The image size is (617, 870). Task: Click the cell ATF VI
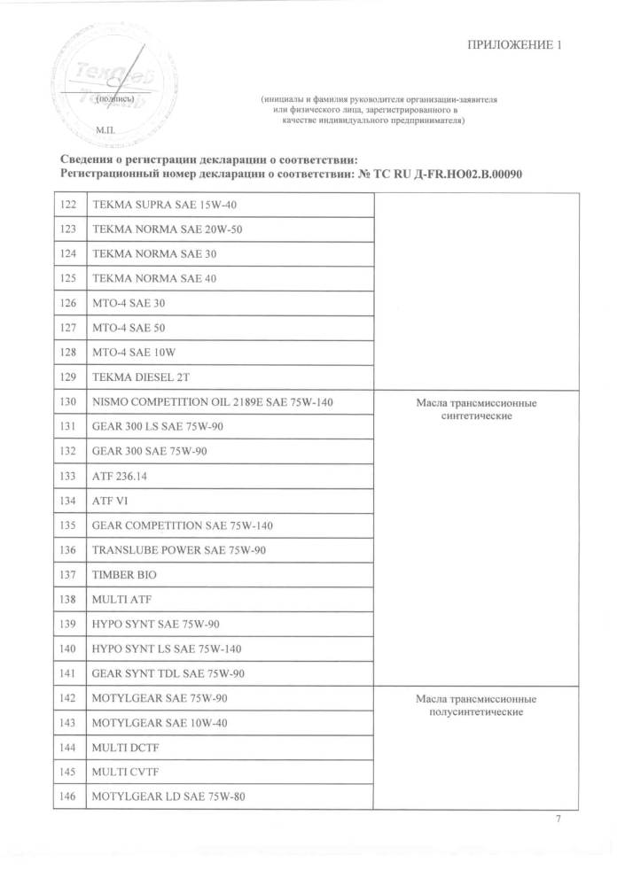click(x=110, y=501)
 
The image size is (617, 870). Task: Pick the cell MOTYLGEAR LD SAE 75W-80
click(x=168, y=796)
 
